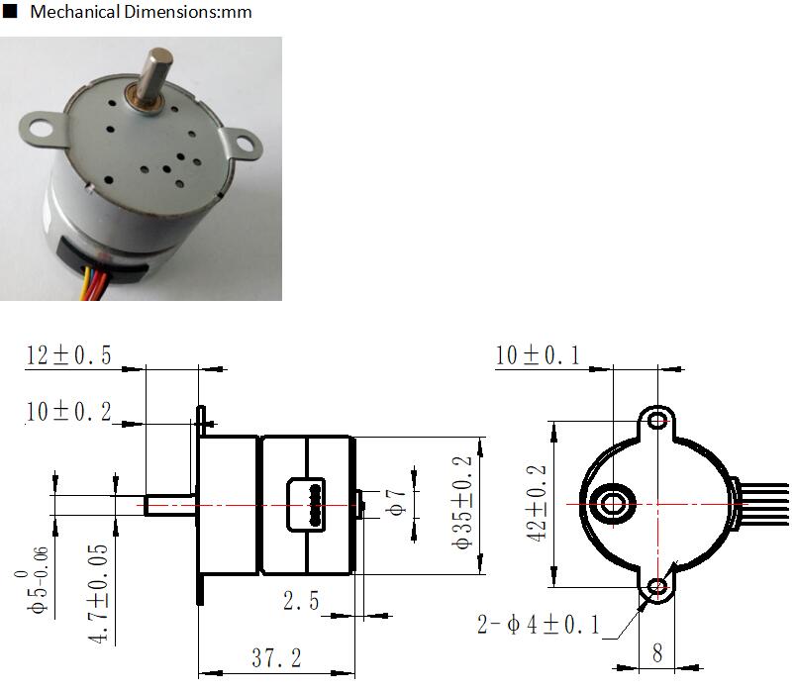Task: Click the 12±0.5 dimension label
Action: [68, 354]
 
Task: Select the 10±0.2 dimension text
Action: [68, 411]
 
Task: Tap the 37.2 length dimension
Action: [277, 658]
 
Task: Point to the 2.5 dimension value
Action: [301, 601]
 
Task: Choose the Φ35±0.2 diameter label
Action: [462, 502]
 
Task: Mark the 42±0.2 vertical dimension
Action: [537, 503]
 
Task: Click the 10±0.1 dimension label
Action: [538, 354]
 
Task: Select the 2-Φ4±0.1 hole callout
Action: [539, 624]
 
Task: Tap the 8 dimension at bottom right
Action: [657, 653]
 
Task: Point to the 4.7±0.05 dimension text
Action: [98, 594]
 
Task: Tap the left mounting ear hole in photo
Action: [41, 128]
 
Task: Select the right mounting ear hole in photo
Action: [245, 142]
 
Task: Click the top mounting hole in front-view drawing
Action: [657, 421]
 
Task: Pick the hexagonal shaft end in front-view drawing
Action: [613, 504]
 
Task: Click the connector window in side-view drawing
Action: [306, 505]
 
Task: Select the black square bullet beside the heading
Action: [10, 11]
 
